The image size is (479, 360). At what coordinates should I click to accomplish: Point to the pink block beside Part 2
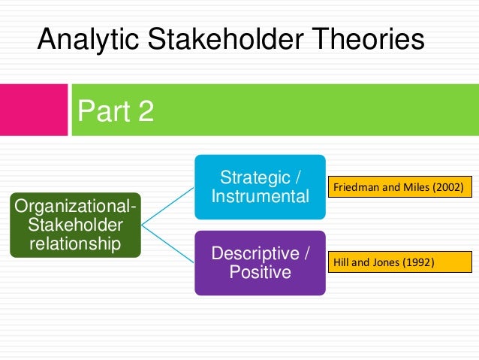click(33, 110)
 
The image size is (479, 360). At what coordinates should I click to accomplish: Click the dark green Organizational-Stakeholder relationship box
click(76, 224)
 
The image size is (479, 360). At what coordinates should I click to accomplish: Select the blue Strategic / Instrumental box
click(260, 187)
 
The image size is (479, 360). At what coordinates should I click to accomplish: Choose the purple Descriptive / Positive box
click(260, 262)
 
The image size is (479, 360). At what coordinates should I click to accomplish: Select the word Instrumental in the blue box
click(260, 197)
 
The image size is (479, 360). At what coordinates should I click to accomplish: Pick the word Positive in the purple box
click(260, 272)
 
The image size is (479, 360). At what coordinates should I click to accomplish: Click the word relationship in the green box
click(76, 244)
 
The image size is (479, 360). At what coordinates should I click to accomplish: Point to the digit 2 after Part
click(146, 112)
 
